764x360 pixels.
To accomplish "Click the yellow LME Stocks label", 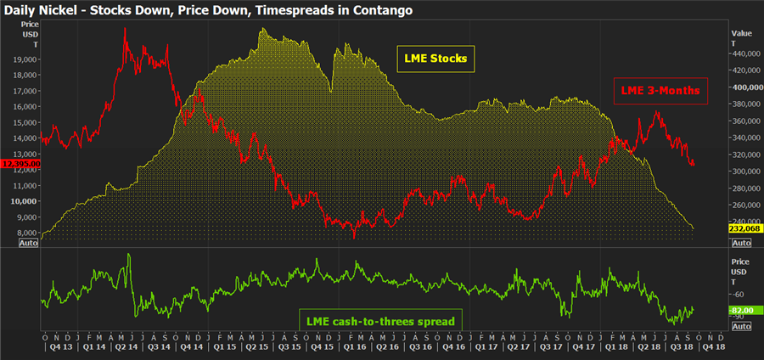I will click(435, 59).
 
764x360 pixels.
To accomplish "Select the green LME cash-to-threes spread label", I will click(379, 321).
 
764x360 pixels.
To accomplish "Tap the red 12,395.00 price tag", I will click(19, 163).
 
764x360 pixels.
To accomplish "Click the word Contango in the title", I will click(380, 10).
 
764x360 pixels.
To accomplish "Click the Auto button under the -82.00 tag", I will click(741, 326).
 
